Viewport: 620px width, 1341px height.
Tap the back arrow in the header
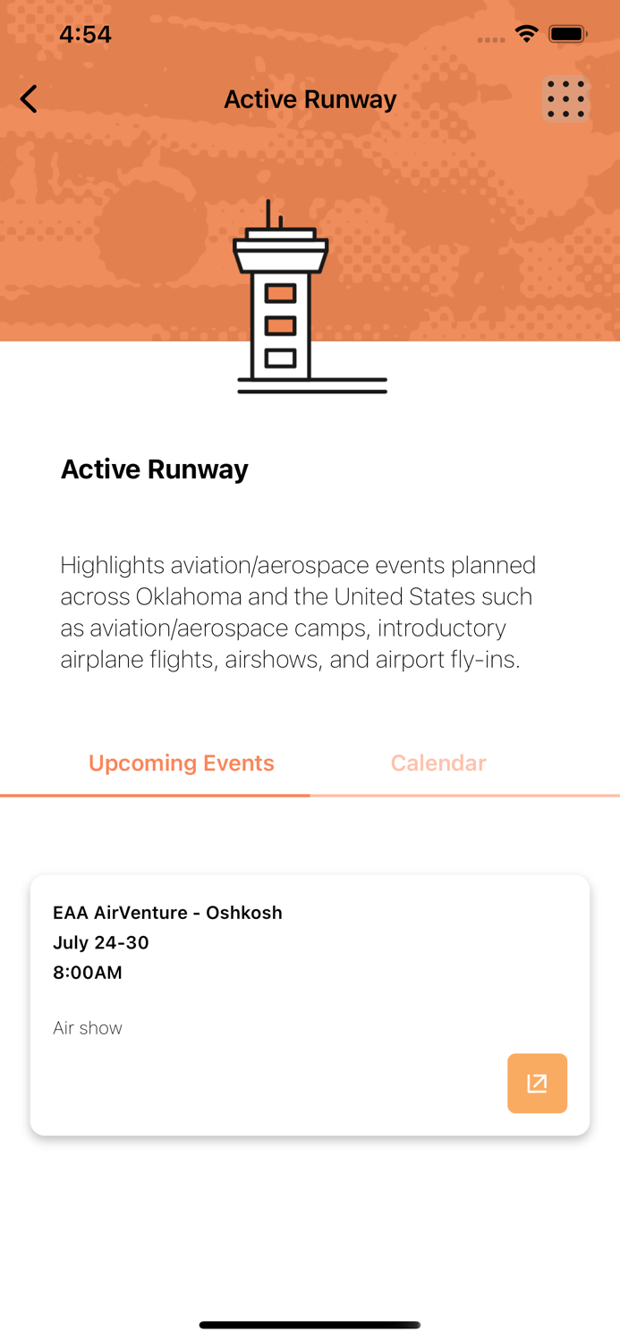point(30,99)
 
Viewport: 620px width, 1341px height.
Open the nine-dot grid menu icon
point(565,99)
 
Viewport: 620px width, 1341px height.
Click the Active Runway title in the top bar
point(310,99)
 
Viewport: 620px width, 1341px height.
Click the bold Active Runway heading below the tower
point(155,469)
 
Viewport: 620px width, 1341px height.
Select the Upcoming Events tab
point(182,763)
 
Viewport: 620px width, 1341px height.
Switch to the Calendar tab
point(438,763)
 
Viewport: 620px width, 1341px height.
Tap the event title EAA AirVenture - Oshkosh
point(167,913)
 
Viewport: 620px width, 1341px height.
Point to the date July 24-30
point(101,942)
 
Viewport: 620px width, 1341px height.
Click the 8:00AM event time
point(88,973)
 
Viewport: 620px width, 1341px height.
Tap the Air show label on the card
point(88,1028)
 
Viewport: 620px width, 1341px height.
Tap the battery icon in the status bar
point(567,35)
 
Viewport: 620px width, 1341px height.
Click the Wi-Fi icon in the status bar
point(526,34)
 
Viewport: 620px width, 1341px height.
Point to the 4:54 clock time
point(85,35)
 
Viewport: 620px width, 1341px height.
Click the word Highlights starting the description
point(113,565)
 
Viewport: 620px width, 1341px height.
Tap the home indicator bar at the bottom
point(310,1325)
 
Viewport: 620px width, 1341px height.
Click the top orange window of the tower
point(280,293)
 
